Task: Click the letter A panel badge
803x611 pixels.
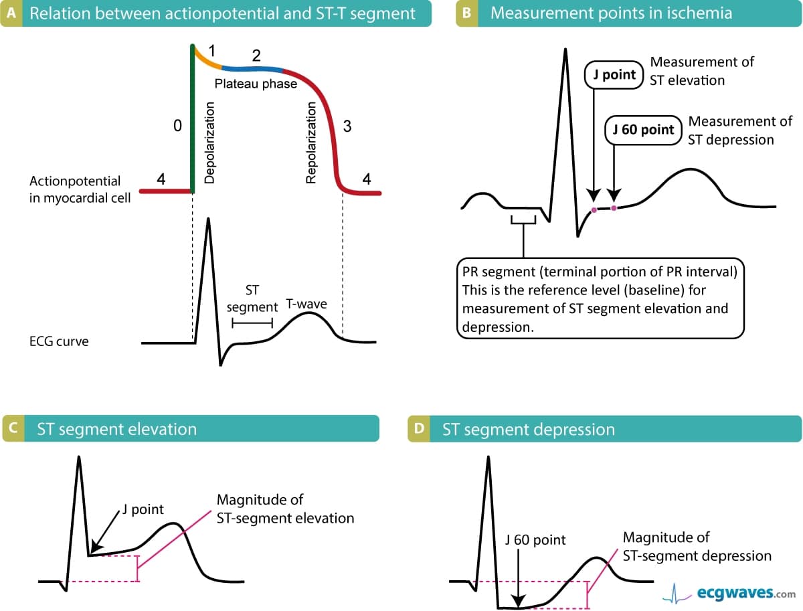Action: tap(10, 13)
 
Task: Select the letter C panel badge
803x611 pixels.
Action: tap(11, 428)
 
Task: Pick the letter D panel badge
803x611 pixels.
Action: tap(418, 428)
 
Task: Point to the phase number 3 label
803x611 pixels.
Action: tap(347, 127)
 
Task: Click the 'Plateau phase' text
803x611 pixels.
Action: tap(256, 85)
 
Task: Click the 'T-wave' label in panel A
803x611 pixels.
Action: tap(306, 304)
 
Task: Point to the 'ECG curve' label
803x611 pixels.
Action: tap(59, 341)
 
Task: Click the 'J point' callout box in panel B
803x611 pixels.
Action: tap(614, 74)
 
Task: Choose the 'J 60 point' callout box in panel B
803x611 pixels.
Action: tap(643, 129)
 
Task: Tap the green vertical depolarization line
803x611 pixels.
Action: tap(193, 120)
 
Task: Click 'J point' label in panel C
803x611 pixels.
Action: tap(143, 509)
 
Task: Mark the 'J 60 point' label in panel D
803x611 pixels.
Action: tap(535, 539)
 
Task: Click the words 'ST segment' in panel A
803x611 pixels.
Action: tap(252, 299)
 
